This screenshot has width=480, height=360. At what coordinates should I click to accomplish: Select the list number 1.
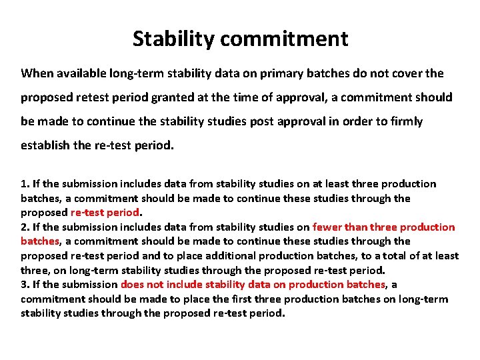click(x=24, y=184)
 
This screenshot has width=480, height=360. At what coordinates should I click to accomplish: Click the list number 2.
click(x=24, y=227)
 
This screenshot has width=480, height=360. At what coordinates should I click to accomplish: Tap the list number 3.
click(x=24, y=285)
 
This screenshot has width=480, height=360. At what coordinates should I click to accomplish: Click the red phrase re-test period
click(x=105, y=213)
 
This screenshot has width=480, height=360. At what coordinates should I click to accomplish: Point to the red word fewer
click(x=327, y=227)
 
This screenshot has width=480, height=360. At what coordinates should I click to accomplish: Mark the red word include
click(x=183, y=285)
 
